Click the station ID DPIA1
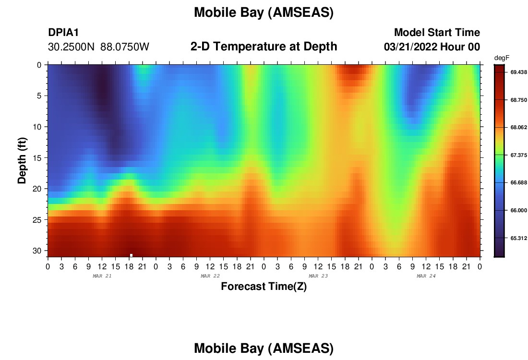tap(63, 32)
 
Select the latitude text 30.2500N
tap(71, 47)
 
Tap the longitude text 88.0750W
tap(125, 47)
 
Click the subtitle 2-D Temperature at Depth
tap(264, 47)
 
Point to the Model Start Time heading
tap(437, 32)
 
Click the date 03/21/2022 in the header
tap(410, 47)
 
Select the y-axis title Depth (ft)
tap(22, 161)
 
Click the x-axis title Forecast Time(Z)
tap(264, 286)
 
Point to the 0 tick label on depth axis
tap(39, 65)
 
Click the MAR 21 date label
tap(102, 276)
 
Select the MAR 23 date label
tap(318, 276)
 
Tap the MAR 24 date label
tap(426, 276)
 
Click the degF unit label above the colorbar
tap(502, 58)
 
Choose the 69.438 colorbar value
tap(518, 72)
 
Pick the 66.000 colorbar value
tap(518, 210)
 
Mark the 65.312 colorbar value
tap(518, 238)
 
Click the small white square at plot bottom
tap(131, 255)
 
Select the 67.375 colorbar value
tap(518, 155)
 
